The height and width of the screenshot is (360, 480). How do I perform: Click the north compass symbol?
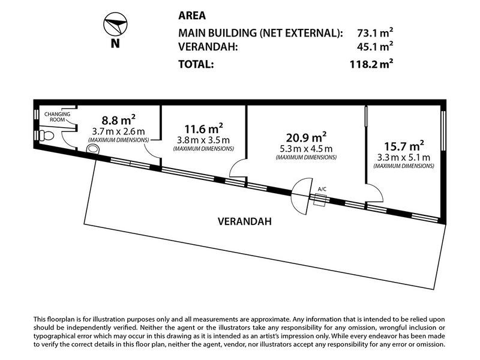(115, 24)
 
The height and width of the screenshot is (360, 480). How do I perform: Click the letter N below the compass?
(115, 43)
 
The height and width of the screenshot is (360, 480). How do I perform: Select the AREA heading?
(192, 16)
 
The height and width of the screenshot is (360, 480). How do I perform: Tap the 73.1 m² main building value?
(375, 32)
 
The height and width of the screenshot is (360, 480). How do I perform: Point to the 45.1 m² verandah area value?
(375, 47)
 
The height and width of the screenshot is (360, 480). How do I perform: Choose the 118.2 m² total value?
(371, 64)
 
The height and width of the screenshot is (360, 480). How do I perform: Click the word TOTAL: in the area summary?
(196, 64)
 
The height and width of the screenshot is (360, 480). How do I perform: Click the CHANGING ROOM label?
(57, 116)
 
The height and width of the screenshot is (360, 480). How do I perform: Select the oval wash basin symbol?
(93, 149)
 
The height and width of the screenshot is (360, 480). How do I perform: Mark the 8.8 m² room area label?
(118, 119)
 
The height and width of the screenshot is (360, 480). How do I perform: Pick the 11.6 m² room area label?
(203, 128)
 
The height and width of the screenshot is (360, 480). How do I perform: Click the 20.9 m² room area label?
(306, 137)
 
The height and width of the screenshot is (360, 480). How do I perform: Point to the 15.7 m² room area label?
(404, 146)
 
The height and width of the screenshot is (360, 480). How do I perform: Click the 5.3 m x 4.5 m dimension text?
(306, 149)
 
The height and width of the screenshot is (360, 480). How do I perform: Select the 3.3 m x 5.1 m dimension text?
(404, 158)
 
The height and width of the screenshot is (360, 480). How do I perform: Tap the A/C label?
(322, 189)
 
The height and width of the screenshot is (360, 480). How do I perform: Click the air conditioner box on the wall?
(320, 200)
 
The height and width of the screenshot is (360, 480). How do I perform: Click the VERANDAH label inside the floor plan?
(245, 221)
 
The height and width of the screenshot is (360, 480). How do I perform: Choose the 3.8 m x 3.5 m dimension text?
(203, 140)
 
